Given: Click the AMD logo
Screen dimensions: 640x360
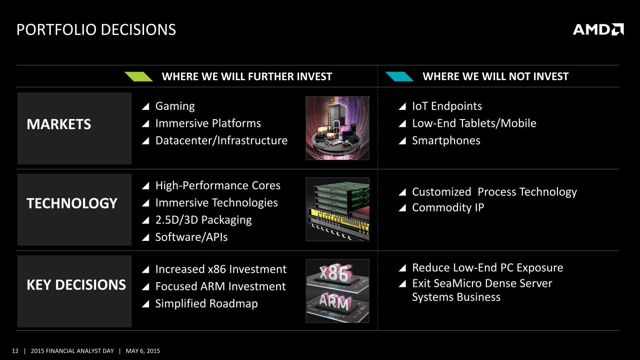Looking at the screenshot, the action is pos(598,29).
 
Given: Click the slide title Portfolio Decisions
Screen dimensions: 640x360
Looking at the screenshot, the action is pos(97,30).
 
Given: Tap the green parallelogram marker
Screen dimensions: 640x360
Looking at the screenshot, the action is pos(139,77).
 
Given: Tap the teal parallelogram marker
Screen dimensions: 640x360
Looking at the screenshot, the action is pos(399,77).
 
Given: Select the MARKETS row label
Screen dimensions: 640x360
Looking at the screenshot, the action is pos(59,124).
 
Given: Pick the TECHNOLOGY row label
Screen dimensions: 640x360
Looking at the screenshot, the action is pos(72,204).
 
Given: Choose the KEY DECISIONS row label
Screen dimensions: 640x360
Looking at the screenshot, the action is pos(76,285).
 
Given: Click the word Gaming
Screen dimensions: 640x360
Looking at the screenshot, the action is pos(175,106).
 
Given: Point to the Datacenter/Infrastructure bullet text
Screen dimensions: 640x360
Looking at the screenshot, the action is pos(221,141).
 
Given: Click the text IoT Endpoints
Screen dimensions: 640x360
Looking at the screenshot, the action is pos(447,106).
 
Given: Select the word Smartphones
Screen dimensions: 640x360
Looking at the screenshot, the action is pos(446,141).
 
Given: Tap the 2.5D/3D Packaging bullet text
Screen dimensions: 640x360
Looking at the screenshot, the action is pos(204,220).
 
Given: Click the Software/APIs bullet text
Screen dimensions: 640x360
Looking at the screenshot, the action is pos(192,237).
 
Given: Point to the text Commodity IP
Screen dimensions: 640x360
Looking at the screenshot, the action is pos(448,207).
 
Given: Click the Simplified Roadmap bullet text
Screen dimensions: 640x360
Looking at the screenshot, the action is pos(206,303).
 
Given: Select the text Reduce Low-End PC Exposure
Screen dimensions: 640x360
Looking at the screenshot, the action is pos(487,268).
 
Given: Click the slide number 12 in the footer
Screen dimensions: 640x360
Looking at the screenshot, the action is pos(15,351).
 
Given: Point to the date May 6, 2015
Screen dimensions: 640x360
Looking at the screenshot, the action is pos(143,351).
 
